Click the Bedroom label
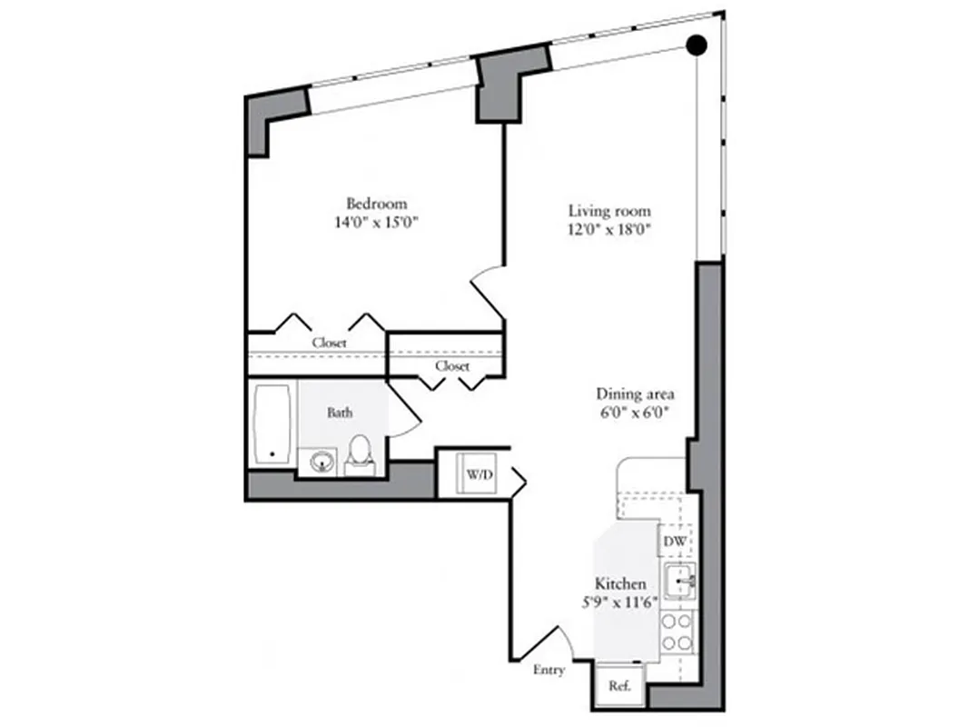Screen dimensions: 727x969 coord(376,204)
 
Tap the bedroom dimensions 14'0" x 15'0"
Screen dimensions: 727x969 coord(376,223)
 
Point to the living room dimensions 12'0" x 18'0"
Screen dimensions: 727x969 coord(606,230)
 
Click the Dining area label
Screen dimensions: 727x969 coord(635,394)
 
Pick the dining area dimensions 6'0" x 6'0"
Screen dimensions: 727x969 coord(635,413)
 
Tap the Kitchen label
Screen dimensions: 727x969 coord(620,583)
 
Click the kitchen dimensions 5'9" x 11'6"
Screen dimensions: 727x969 coord(620,602)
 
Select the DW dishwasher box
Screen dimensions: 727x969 coord(675,543)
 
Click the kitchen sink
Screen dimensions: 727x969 coord(677,582)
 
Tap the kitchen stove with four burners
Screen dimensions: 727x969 coord(677,632)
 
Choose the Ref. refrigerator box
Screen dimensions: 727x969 coord(619,687)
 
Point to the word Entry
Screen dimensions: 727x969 coord(549,671)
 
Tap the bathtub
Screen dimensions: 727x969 coord(272,425)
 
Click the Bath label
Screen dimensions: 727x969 coord(341,413)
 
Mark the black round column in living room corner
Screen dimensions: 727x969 coord(697,44)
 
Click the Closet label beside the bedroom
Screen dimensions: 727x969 coord(329,344)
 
